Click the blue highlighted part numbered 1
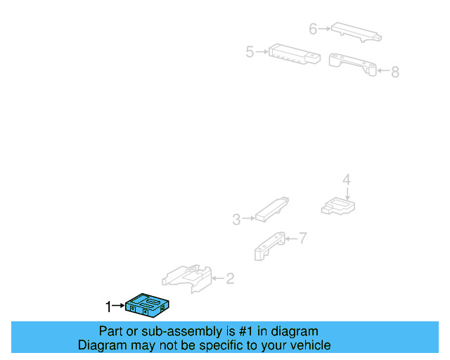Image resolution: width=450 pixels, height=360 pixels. (x=147, y=305)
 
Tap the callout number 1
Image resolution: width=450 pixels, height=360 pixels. (x=108, y=307)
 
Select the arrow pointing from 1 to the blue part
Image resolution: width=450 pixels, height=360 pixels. (x=118, y=306)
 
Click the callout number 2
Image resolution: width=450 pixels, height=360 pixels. (x=230, y=278)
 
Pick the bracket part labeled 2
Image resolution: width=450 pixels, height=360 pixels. (x=187, y=278)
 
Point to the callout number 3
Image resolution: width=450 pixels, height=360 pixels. (x=236, y=219)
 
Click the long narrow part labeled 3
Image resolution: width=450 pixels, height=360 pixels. (x=271, y=210)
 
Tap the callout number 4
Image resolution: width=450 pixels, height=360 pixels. (x=347, y=180)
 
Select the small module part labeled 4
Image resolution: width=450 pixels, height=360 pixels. (x=338, y=206)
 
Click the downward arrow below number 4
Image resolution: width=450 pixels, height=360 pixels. (x=347, y=193)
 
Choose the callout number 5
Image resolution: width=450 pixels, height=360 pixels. (x=250, y=52)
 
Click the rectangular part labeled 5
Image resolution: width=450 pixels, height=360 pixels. (x=295, y=54)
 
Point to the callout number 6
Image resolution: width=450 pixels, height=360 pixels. (x=313, y=29)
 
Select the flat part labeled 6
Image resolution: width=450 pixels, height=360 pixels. (x=356, y=32)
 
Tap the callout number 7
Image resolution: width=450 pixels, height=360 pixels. (x=303, y=238)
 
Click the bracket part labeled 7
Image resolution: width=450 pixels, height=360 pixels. (x=269, y=246)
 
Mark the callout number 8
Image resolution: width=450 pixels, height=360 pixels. (x=395, y=72)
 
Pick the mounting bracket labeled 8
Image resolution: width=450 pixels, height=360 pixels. (x=352, y=64)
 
